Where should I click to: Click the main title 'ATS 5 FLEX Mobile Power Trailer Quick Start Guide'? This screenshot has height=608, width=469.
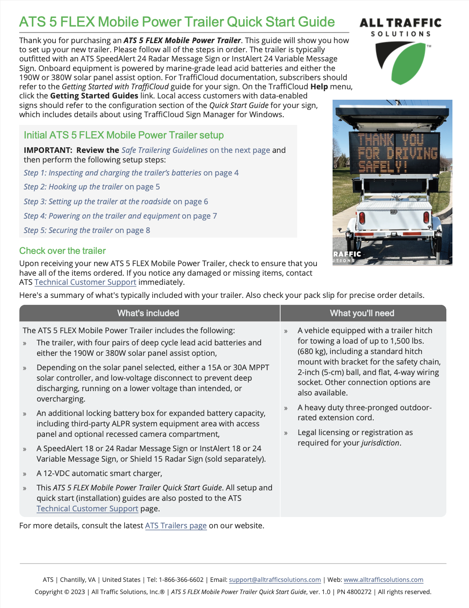click(x=177, y=22)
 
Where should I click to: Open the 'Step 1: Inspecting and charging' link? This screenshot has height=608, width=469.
click(x=131, y=173)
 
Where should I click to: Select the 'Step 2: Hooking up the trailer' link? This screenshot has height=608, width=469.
click(x=92, y=187)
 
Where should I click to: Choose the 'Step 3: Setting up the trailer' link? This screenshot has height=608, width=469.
click(x=116, y=202)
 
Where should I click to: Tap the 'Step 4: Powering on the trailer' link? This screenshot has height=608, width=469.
click(x=120, y=216)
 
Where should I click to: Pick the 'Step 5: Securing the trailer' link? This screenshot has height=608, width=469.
click(x=87, y=230)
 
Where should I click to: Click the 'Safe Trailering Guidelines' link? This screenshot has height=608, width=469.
click(x=164, y=150)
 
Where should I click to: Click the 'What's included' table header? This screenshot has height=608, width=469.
click(x=148, y=313)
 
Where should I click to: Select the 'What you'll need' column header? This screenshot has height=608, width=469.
click(x=362, y=313)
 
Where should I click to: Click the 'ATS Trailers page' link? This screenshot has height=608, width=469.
click(x=176, y=526)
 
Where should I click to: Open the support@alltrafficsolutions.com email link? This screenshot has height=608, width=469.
click(x=275, y=580)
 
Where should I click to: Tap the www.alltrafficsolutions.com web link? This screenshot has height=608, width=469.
click(x=383, y=580)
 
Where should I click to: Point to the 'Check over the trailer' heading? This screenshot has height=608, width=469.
click(x=62, y=251)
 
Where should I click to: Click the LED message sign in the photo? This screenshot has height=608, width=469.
click(x=394, y=153)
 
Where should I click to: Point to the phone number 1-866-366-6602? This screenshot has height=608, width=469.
click(x=181, y=580)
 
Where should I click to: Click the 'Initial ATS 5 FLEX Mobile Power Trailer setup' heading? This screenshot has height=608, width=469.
click(x=124, y=135)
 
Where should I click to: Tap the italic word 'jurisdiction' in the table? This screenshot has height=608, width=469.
click(x=380, y=443)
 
